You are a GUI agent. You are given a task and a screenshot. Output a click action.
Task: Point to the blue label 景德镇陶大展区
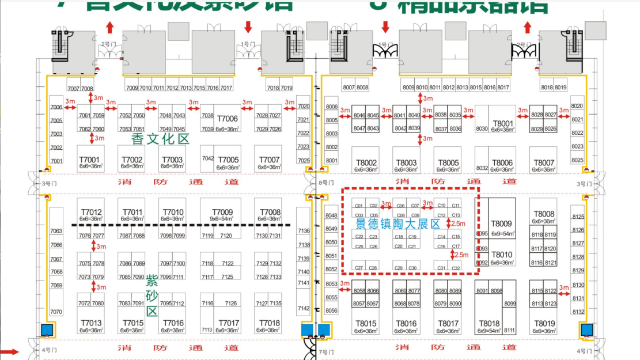397,223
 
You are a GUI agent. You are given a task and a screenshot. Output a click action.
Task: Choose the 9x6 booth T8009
501,226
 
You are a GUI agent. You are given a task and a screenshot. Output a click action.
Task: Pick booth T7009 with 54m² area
222,214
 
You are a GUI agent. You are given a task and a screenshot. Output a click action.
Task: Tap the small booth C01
358,206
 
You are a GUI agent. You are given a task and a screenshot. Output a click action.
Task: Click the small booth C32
456,268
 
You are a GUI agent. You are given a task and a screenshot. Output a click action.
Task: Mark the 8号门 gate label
325,183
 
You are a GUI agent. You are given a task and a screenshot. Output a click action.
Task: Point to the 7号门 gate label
325,352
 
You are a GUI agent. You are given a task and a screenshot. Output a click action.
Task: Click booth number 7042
207,158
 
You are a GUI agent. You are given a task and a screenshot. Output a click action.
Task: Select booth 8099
510,304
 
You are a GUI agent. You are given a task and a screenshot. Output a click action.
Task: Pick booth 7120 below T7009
226,236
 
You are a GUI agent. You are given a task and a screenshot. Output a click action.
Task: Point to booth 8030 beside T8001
482,128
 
